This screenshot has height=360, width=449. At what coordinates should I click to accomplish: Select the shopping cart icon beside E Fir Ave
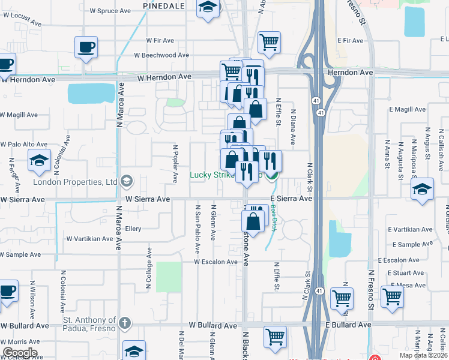pyautogui.click(x=270, y=42)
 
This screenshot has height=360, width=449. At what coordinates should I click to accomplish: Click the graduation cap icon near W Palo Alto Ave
pyautogui.click(x=39, y=160)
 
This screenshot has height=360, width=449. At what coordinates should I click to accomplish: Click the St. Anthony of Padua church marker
pyautogui.click(x=125, y=322)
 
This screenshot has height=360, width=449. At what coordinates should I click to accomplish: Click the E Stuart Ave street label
pyautogui.click(x=406, y=273)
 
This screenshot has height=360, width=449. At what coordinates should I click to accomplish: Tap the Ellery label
pyautogui.click(x=133, y=228)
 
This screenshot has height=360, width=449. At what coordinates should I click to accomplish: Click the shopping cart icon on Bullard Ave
pyautogui.click(x=275, y=336)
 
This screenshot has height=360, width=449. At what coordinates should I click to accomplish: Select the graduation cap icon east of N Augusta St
pyautogui.click(x=423, y=190)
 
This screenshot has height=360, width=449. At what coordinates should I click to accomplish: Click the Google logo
pyautogui.click(x=20, y=353)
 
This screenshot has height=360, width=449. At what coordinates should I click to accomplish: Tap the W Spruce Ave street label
pyautogui.click(x=110, y=11)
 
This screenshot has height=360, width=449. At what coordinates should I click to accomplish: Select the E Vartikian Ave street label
pyautogui.click(x=411, y=230)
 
